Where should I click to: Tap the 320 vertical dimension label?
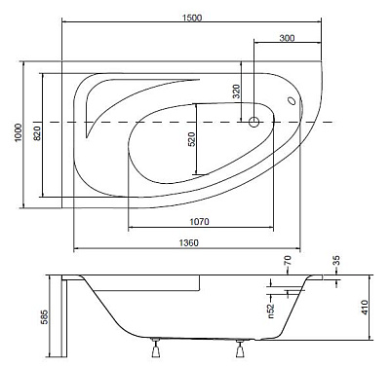tap(236, 91)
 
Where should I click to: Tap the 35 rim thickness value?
tap(337, 262)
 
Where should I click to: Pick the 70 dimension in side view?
tap(288, 262)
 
